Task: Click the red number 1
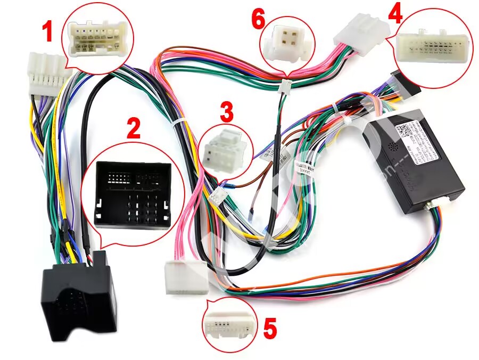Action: [x=48, y=31]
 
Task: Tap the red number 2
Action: [x=133, y=128]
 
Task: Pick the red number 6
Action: [x=258, y=20]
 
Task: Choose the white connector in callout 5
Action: [x=227, y=325]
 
